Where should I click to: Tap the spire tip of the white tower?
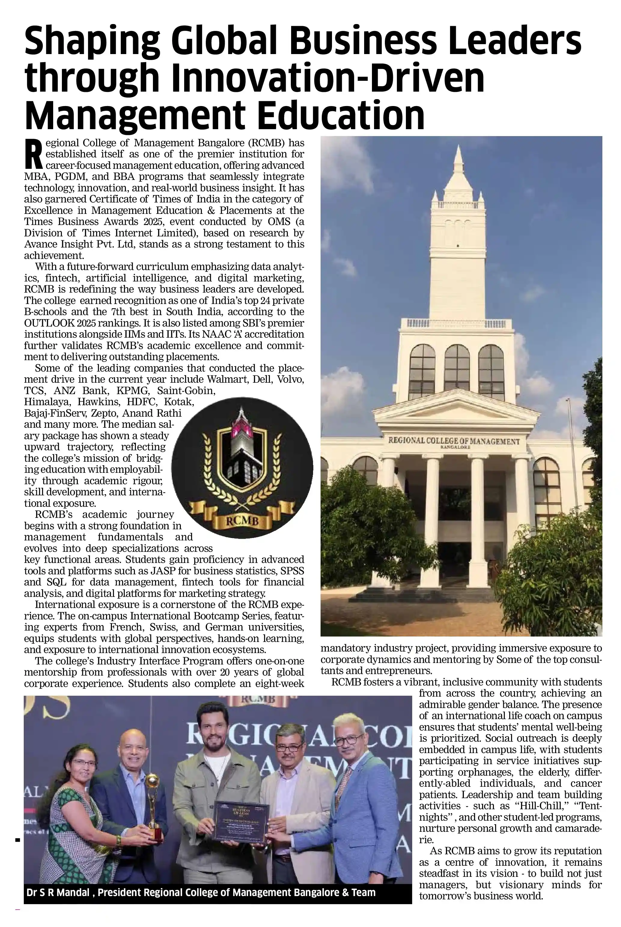(x=458, y=148)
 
